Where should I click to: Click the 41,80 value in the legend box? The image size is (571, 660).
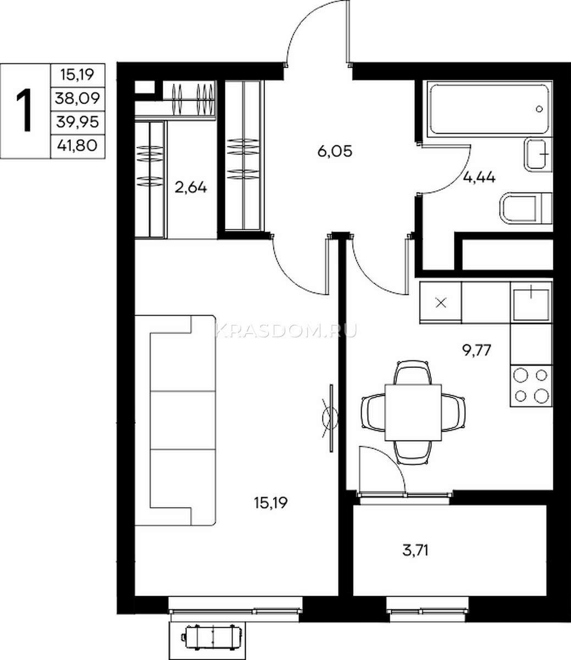tap(77, 146)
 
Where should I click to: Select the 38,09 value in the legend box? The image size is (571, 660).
tap(77, 98)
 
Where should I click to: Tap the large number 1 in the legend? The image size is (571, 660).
tap(24, 110)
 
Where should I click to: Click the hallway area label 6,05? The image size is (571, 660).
tap(335, 151)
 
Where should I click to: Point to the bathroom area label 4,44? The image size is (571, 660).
tap(479, 177)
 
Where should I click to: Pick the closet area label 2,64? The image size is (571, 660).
tap(191, 188)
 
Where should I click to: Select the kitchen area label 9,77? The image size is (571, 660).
tap(476, 350)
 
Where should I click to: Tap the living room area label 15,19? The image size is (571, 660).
tap(271, 503)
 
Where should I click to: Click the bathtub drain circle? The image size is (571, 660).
tap(540, 109)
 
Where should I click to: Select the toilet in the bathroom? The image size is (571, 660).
tap(526, 208)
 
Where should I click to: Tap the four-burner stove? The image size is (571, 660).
tap(531, 386)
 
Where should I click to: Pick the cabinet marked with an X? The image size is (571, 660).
tap(441, 302)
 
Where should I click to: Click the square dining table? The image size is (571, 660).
tap(413, 413)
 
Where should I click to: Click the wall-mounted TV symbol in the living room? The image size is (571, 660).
tap(330, 419)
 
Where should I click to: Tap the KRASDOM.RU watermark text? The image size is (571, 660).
tap(286, 331)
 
